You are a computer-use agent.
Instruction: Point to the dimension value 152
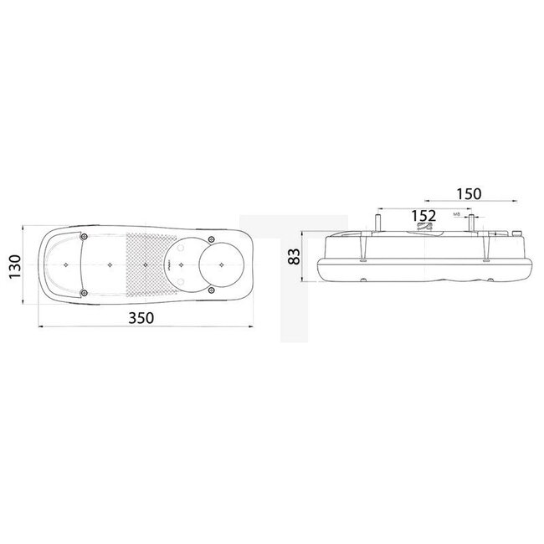click(x=424, y=216)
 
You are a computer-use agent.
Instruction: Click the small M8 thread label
click(x=457, y=215)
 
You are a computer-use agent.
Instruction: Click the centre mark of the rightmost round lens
click(x=223, y=264)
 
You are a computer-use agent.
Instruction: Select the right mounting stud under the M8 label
click(x=472, y=224)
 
